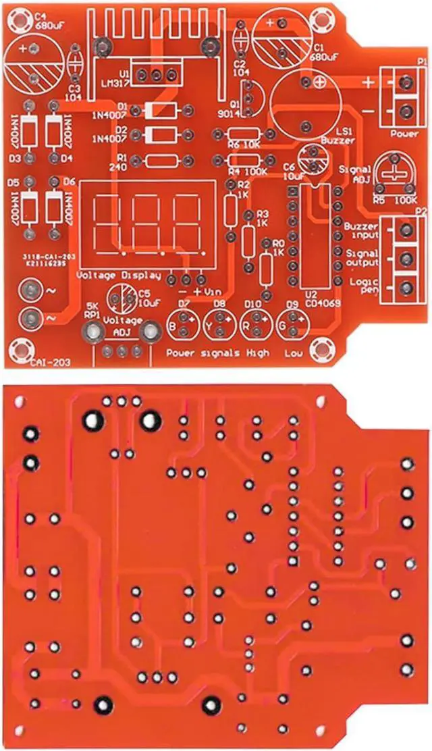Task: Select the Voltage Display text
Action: (119, 275)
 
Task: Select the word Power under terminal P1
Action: (405, 134)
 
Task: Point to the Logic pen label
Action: (360, 286)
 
